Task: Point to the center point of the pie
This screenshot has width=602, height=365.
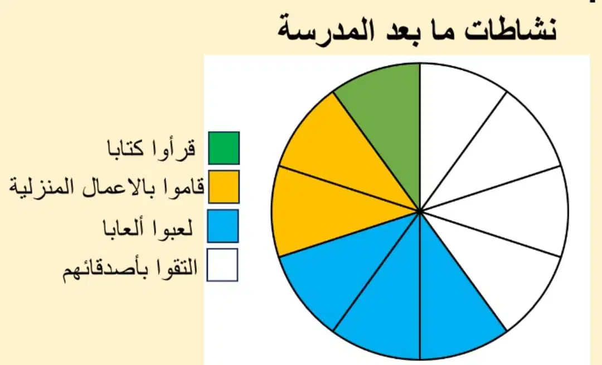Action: point(420,212)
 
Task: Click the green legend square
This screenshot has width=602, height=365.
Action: point(224,148)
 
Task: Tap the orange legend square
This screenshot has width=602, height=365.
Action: point(224,187)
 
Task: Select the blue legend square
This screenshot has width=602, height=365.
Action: point(223,226)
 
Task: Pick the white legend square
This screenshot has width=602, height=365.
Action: point(222,265)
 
